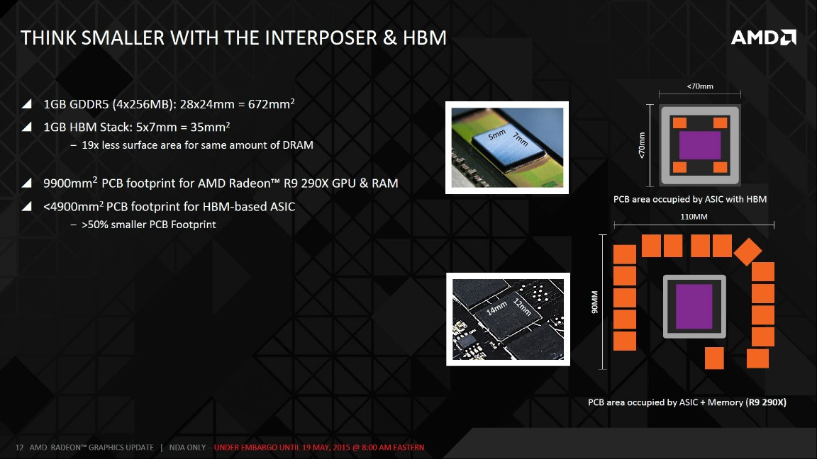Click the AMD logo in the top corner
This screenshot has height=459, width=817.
pyautogui.click(x=763, y=38)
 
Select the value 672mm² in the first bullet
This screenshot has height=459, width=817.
pyautogui.click(x=270, y=104)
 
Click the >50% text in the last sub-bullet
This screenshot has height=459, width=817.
pyautogui.click(x=94, y=225)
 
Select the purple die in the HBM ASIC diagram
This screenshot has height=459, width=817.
pyautogui.click(x=699, y=144)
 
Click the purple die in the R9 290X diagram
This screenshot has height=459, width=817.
pyautogui.click(x=694, y=306)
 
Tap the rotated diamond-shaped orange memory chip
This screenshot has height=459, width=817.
pyautogui.click(x=747, y=251)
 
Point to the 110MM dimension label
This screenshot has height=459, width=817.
pyautogui.click(x=693, y=217)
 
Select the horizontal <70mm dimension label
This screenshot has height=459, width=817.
pyautogui.click(x=700, y=86)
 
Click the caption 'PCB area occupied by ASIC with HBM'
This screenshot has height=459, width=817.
pyautogui.click(x=689, y=199)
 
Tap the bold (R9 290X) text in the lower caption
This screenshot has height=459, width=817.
pyautogui.click(x=765, y=402)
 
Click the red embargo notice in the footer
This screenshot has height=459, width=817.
pyautogui.click(x=319, y=448)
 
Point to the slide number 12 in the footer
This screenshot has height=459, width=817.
pyautogui.click(x=20, y=448)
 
